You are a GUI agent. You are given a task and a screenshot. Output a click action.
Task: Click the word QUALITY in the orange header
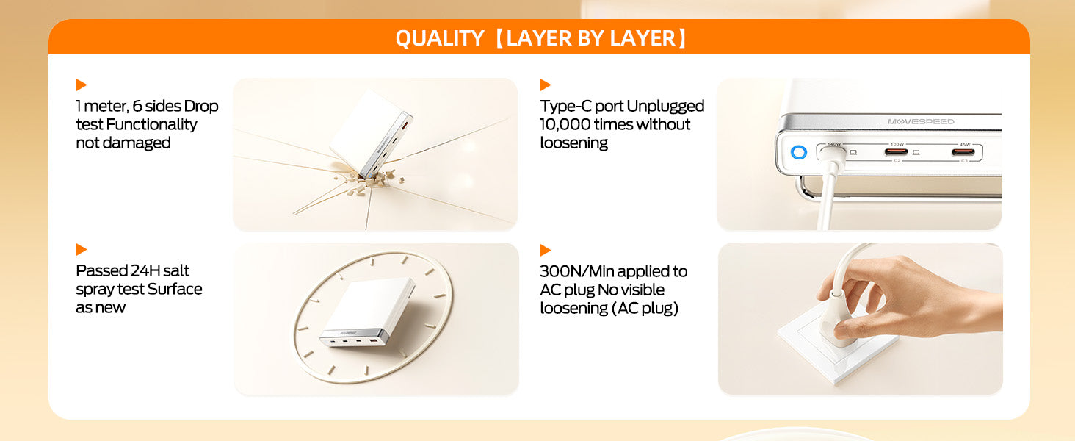(x=440, y=38)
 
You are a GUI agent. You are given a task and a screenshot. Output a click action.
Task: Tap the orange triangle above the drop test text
(x=82, y=85)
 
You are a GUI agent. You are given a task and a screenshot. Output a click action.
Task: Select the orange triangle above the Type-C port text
(x=546, y=85)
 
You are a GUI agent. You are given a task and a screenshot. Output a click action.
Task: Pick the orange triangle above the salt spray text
(x=82, y=249)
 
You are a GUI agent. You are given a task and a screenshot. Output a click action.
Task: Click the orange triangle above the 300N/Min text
(x=546, y=250)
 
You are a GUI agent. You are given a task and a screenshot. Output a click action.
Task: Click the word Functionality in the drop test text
(x=152, y=124)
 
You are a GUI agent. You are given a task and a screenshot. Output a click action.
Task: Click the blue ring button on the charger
(x=799, y=152)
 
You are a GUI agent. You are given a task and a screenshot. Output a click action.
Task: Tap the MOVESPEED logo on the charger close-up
(x=921, y=121)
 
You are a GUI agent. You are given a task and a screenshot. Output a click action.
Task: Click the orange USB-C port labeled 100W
(x=896, y=152)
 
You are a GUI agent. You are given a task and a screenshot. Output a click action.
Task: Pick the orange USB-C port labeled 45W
(x=963, y=152)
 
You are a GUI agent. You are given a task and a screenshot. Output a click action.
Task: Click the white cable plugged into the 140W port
(x=829, y=192)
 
